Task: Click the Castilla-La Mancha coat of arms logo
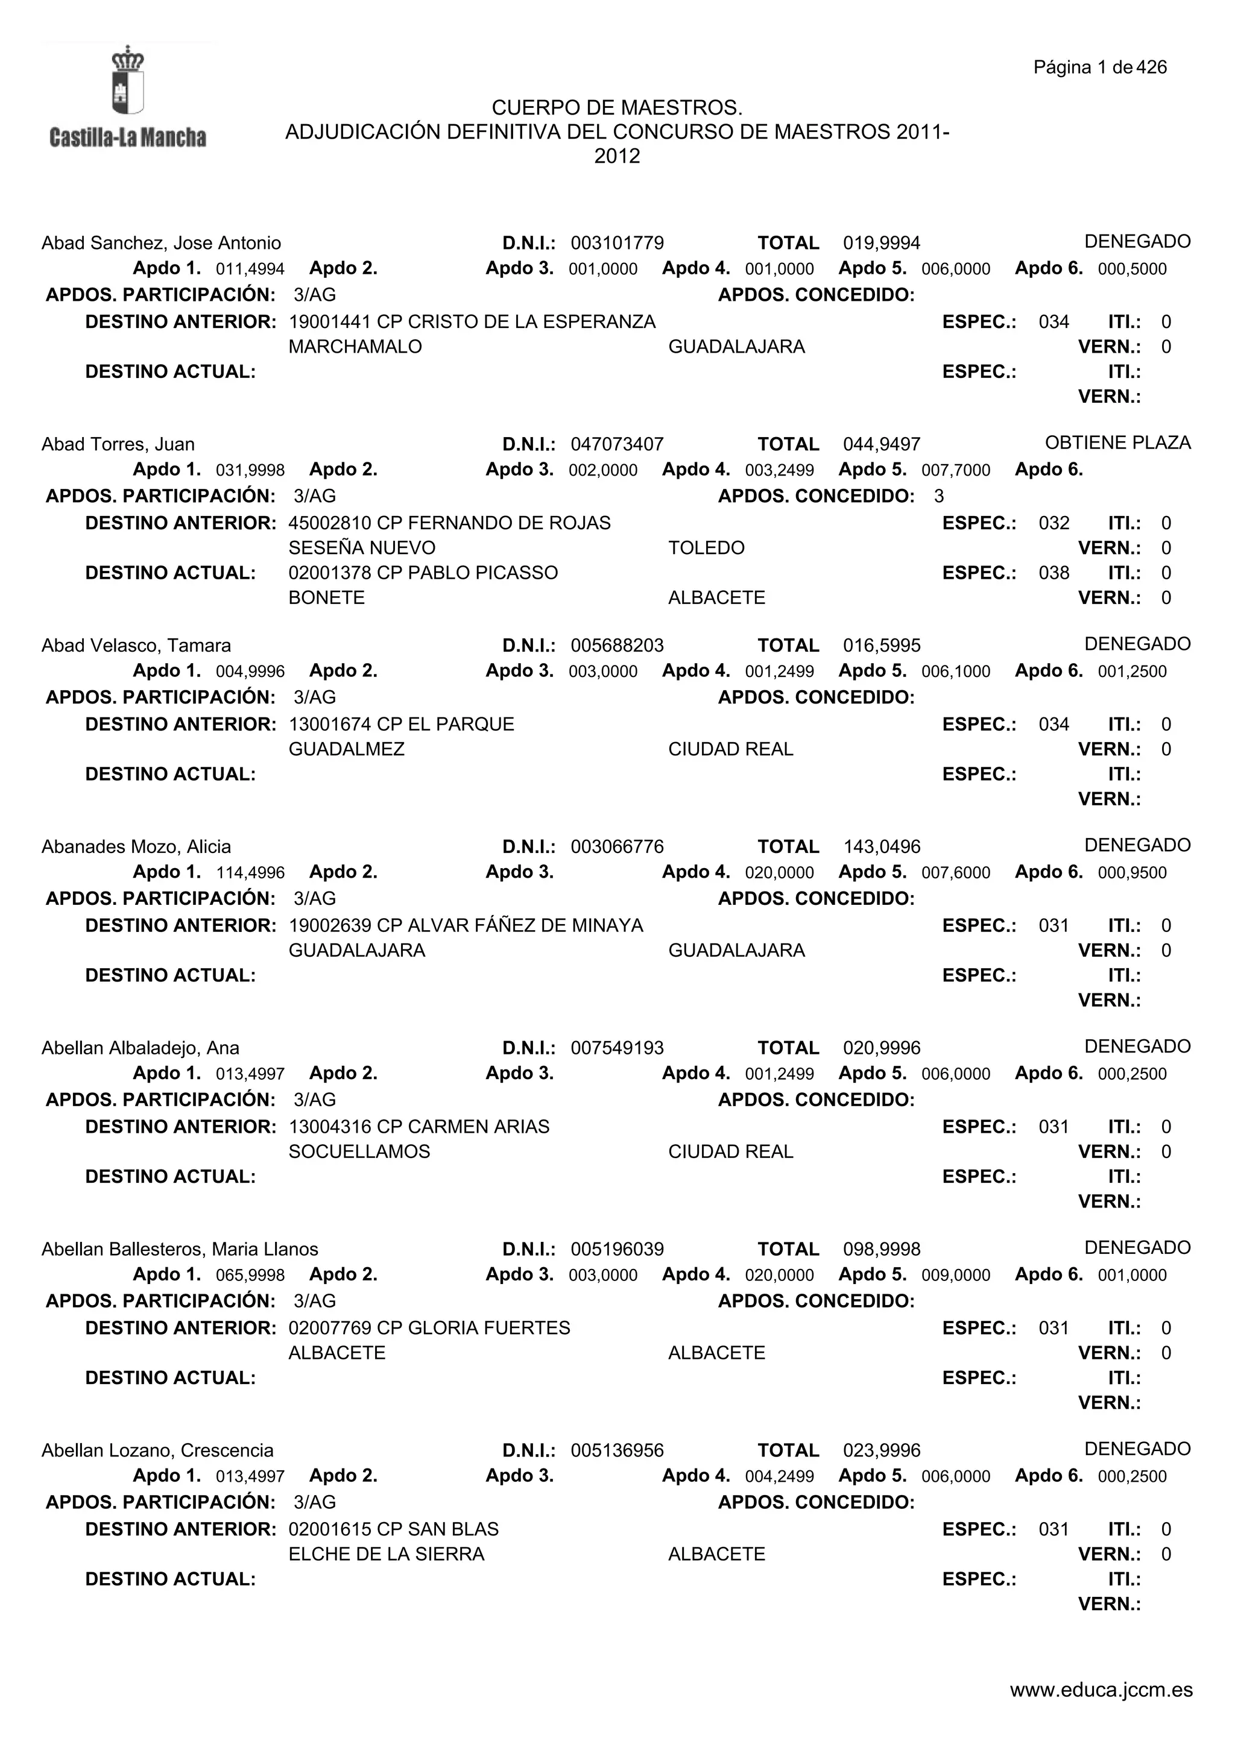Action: point(128,80)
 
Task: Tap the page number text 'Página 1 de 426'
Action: point(1099,68)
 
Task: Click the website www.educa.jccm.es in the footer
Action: point(1101,1711)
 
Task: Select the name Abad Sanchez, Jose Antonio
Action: point(162,244)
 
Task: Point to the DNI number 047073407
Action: point(617,444)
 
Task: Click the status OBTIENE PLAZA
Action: point(1117,443)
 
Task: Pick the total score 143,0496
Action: point(881,847)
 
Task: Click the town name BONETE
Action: point(326,598)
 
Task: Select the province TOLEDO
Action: point(706,549)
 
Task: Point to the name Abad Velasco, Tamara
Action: point(136,646)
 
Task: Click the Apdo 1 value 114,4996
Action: point(250,873)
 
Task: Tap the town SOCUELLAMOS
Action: point(359,1152)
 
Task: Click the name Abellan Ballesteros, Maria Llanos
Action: point(180,1250)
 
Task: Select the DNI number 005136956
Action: point(617,1451)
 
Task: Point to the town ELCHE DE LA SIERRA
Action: point(386,1555)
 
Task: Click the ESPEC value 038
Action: point(1053,573)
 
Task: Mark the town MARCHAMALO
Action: point(355,347)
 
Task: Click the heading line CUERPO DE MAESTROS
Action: point(617,108)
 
